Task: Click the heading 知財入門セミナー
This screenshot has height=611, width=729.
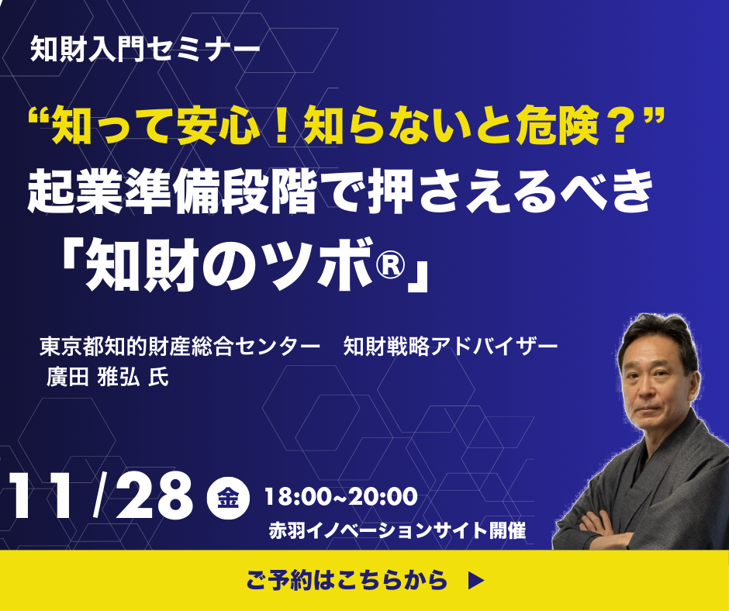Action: [145, 49]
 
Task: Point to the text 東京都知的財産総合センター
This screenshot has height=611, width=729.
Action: [180, 347]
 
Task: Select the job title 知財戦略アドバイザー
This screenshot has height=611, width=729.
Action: [451, 347]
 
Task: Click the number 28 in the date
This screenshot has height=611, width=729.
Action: [154, 495]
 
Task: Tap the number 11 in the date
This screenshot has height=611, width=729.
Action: [42, 495]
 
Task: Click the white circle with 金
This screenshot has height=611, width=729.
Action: [228, 498]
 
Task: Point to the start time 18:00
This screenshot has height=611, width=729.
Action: [296, 496]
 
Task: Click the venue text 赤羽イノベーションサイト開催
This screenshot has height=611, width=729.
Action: [397, 530]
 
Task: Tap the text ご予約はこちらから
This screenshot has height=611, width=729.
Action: [347, 580]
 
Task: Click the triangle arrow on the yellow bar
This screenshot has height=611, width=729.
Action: [476, 580]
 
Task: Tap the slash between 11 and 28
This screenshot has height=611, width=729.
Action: [98, 495]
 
